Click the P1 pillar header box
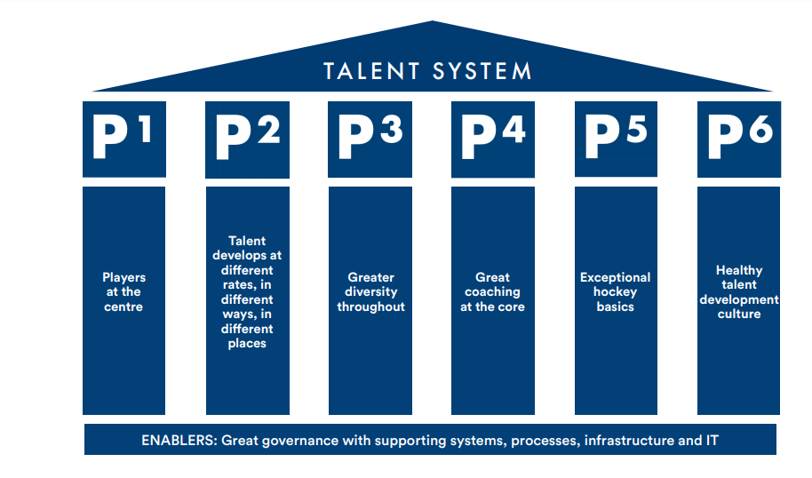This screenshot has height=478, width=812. point(124,139)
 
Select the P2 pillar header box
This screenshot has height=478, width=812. point(247,139)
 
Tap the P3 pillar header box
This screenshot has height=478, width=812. point(370,139)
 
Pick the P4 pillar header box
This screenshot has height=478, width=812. point(493,139)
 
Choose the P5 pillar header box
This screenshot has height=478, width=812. point(616,139)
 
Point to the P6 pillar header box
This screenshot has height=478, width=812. point(739,139)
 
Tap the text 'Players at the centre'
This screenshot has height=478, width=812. point(123,292)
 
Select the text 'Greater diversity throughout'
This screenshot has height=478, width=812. point(370,292)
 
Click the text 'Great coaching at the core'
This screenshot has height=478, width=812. point(492,292)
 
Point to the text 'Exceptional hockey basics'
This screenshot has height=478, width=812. point(616,292)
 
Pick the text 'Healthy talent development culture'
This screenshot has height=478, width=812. point(739,292)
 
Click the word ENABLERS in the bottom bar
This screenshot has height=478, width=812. point(178,440)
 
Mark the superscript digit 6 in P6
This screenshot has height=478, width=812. point(760,130)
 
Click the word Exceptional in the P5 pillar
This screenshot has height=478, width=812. point(616,278)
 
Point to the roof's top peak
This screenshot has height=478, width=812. point(433,22)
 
